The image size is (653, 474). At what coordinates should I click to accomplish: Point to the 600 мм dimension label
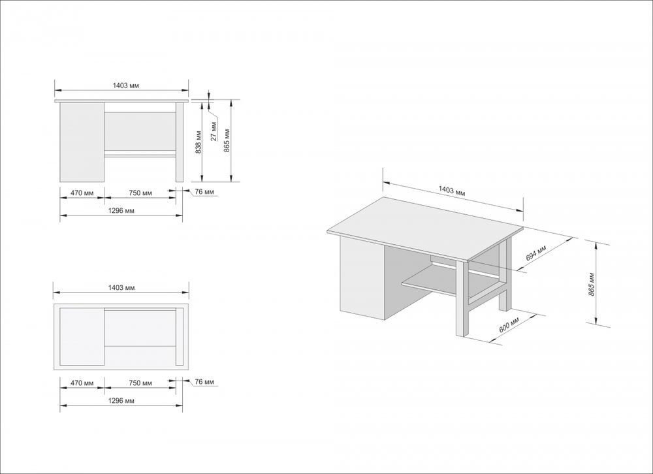509,324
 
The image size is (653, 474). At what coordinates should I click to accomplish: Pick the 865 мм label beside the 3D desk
591,282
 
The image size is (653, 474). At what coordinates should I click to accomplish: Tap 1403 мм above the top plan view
122,287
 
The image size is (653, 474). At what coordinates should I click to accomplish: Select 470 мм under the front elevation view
82,193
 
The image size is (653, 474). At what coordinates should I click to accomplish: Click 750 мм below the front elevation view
140,193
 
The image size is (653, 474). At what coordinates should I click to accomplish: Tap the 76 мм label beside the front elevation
204,192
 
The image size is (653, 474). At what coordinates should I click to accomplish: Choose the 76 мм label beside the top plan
204,381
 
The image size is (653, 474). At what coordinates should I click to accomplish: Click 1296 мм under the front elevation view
122,211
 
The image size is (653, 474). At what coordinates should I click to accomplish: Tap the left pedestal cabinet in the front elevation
82,142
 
